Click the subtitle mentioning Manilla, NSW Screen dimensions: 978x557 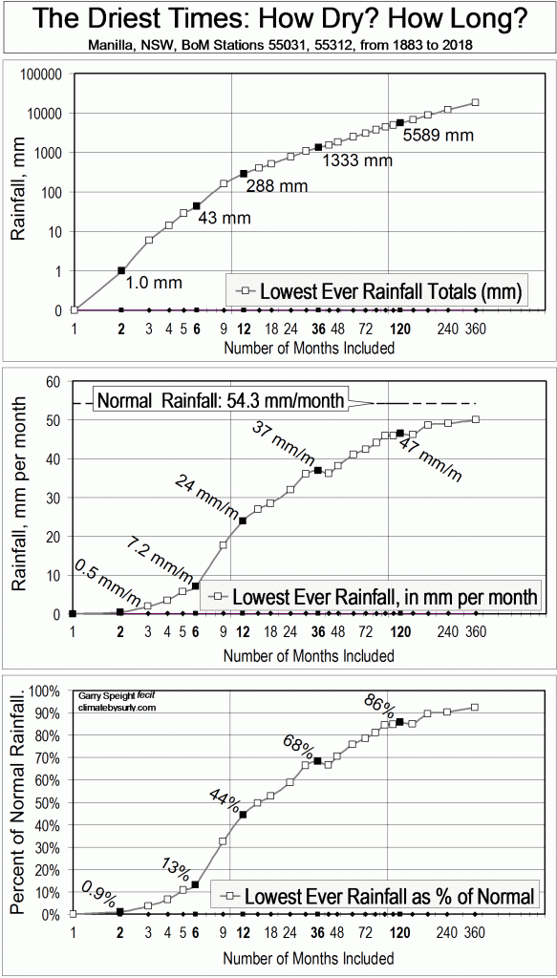[x=278, y=45]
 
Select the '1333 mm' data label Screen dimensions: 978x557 [x=356, y=160]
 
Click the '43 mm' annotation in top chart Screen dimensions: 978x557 [x=224, y=218]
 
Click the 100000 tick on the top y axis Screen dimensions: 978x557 [x=42, y=74]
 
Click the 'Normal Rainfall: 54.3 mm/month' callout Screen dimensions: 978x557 [x=220, y=401]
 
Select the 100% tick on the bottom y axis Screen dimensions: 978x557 [x=46, y=690]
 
